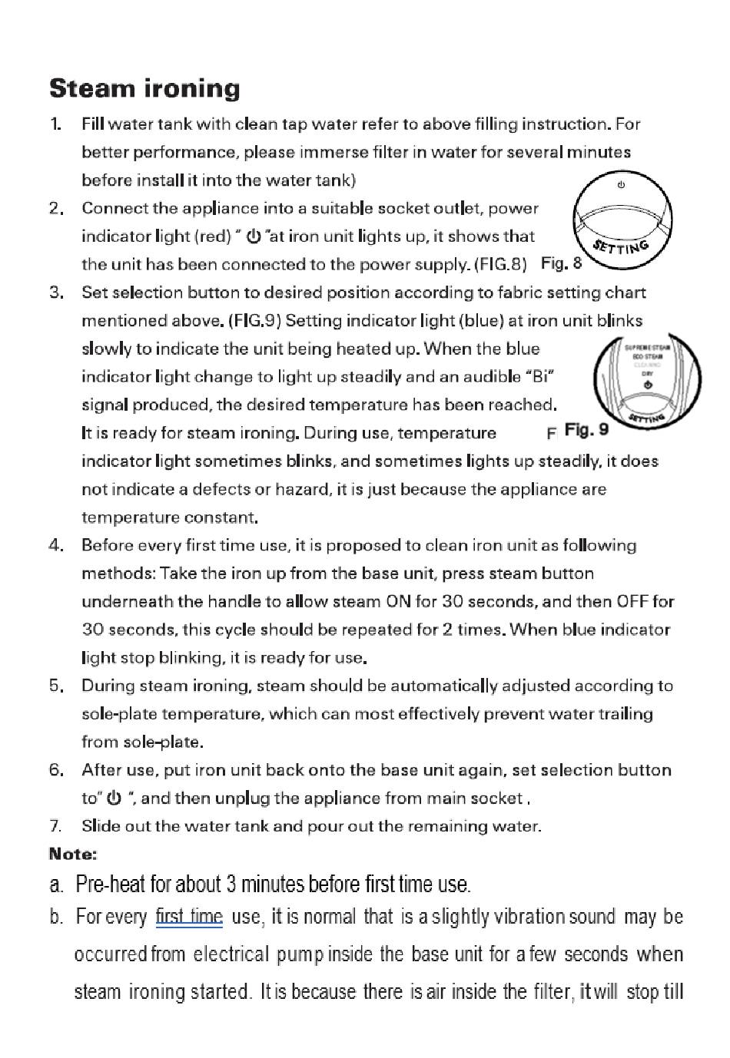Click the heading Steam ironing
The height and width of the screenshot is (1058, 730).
click(144, 89)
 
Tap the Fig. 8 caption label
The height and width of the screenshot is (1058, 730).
click(561, 263)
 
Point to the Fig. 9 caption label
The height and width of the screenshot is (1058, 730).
click(586, 430)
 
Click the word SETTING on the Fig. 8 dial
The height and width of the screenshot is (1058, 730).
click(622, 248)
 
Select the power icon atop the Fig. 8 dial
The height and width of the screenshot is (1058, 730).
click(621, 185)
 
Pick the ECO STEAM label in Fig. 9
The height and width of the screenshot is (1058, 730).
click(648, 356)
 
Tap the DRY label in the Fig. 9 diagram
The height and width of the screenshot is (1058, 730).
click(648, 373)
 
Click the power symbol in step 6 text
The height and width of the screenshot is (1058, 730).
click(114, 798)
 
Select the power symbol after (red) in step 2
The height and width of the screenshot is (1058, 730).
click(253, 236)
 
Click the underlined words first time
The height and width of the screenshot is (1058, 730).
click(189, 917)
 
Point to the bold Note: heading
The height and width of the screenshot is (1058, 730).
click(73, 854)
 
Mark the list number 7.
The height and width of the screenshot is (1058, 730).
click(55, 826)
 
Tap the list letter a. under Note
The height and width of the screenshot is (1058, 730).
click(56, 884)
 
